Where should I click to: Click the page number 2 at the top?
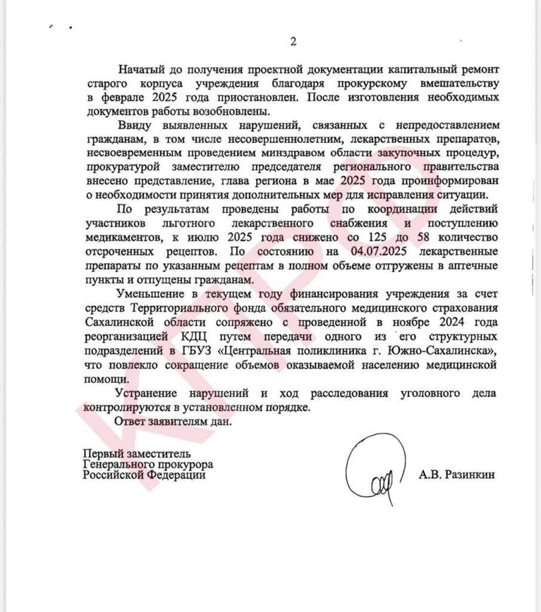(293, 42)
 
